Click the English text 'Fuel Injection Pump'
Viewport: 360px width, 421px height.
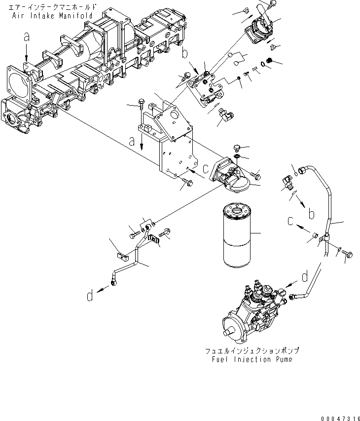tap(252, 359)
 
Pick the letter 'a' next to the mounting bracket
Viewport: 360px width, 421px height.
tap(132, 141)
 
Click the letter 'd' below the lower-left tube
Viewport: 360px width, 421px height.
tap(89, 296)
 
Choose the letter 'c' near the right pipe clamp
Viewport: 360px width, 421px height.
tap(291, 220)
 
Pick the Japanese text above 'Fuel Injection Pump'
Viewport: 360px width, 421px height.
tap(252, 351)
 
